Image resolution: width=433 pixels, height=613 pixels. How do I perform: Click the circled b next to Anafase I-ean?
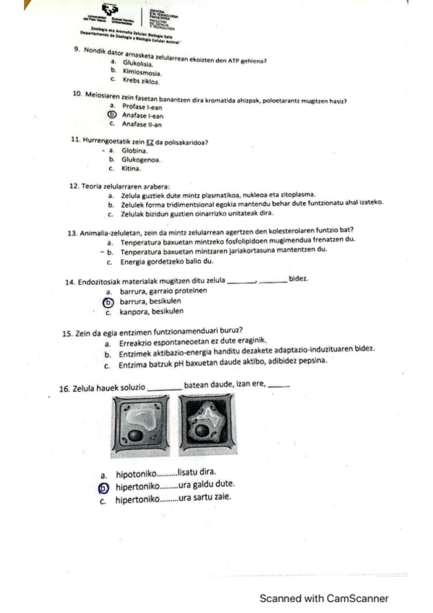click(111, 114)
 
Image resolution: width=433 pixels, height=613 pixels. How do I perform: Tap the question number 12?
click(74, 187)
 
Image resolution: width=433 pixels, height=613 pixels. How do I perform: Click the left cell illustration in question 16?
click(144, 426)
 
